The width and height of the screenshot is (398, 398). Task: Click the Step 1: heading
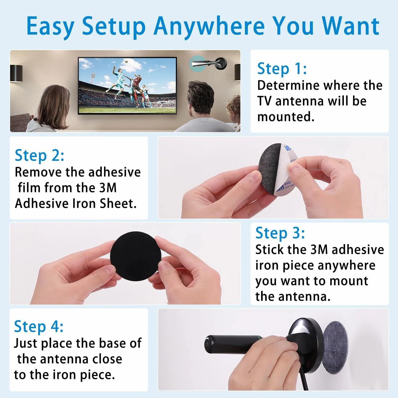[282, 68]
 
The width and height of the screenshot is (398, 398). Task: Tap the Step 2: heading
[40, 155]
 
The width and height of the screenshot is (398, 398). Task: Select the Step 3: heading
[280, 233]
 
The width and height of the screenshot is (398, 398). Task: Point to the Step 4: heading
[39, 326]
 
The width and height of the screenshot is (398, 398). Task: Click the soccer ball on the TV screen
[127, 62]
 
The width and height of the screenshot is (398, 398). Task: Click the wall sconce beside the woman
[16, 73]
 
